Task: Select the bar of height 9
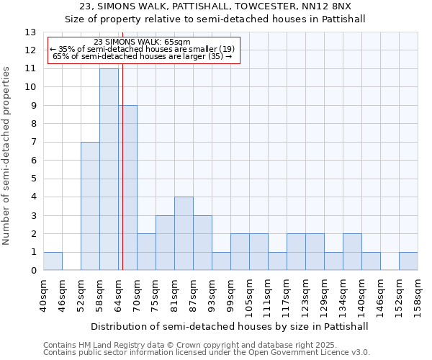point(128,188)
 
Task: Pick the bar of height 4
point(184,233)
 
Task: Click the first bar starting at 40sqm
point(53,261)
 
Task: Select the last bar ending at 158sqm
point(408,261)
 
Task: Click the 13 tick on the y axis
point(30,32)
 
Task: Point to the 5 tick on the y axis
point(33,179)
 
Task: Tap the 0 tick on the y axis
point(33,271)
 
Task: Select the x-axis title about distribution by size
point(230,326)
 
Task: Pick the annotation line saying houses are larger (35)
point(142,55)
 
